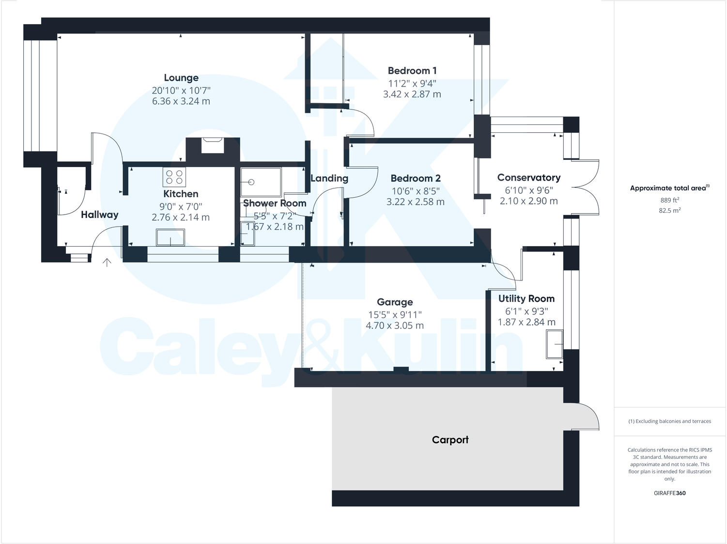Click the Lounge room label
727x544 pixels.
pyautogui.click(x=181, y=78)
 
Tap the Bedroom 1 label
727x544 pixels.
pyautogui.click(x=412, y=71)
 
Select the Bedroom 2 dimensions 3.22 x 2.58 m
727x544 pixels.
pyautogui.click(x=415, y=202)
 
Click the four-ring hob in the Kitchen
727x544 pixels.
pyautogui.click(x=174, y=177)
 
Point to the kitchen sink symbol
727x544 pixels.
pyautogui.click(x=170, y=237)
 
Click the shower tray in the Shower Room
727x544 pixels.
pyautogui.click(x=261, y=182)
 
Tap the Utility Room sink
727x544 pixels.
pyautogui.click(x=554, y=344)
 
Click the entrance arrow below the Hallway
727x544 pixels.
pyautogui.click(x=107, y=263)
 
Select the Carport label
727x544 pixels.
pyautogui.click(x=450, y=440)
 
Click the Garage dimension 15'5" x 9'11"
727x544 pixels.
pyautogui.click(x=395, y=315)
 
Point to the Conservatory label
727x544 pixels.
pyautogui.click(x=528, y=178)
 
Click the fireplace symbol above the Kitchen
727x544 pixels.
pyautogui.click(x=212, y=146)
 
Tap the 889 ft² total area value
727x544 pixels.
pyautogui.click(x=669, y=200)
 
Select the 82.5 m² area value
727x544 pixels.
pyautogui.click(x=669, y=211)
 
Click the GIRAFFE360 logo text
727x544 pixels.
pyautogui.click(x=669, y=493)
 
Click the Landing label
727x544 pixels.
pyautogui.click(x=329, y=178)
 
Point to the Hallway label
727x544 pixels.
pyautogui.click(x=99, y=215)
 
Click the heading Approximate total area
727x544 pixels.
pyautogui.click(x=668, y=188)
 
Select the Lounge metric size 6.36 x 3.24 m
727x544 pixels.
pyautogui.click(x=181, y=101)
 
